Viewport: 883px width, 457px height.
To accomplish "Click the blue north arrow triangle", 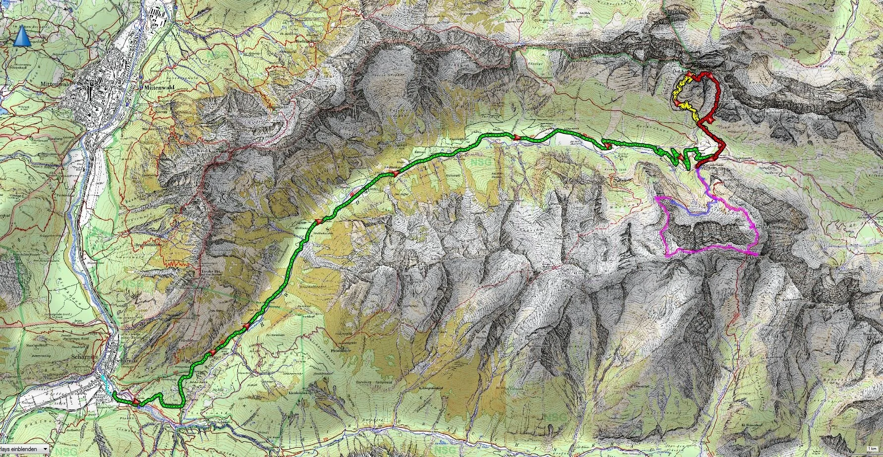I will (x=21, y=38).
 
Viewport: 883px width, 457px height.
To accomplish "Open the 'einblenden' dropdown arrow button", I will (x=45, y=449).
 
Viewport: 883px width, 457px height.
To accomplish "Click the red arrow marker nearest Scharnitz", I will (x=135, y=400).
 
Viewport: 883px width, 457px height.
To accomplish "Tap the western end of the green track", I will (x=114, y=393).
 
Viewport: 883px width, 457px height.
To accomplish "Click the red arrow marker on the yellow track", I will (x=676, y=102).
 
